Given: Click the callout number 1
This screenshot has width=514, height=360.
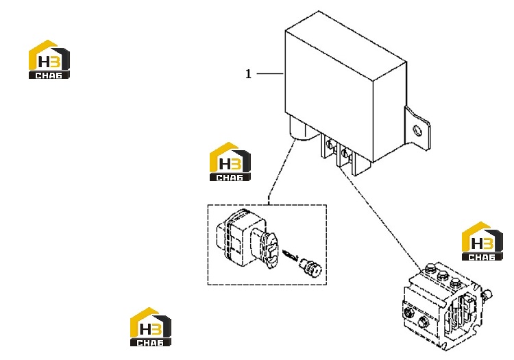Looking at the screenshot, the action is tap(249, 74).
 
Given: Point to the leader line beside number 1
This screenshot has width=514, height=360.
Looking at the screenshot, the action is tap(270, 74).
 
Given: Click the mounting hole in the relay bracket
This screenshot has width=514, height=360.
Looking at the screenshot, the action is tap(417, 130).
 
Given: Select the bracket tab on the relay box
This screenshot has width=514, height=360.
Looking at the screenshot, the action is tap(416, 128).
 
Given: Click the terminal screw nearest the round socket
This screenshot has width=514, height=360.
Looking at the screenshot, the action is tap(330, 143).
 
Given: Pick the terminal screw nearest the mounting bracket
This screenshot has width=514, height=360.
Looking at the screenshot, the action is tap(345, 153).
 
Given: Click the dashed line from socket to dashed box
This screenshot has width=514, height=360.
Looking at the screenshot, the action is tap(280, 171).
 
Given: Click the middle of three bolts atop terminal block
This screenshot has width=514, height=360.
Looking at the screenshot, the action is tap(442, 276).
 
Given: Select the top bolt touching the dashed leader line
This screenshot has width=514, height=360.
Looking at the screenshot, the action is tap(429, 269).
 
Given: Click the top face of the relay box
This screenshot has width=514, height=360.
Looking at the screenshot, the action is tap(346, 45).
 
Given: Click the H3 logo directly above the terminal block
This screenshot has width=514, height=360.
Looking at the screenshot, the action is tap(482, 241).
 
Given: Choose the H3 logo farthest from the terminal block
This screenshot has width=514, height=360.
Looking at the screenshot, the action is tap(49, 60).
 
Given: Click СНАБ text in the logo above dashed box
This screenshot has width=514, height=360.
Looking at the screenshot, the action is tap(230, 178).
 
